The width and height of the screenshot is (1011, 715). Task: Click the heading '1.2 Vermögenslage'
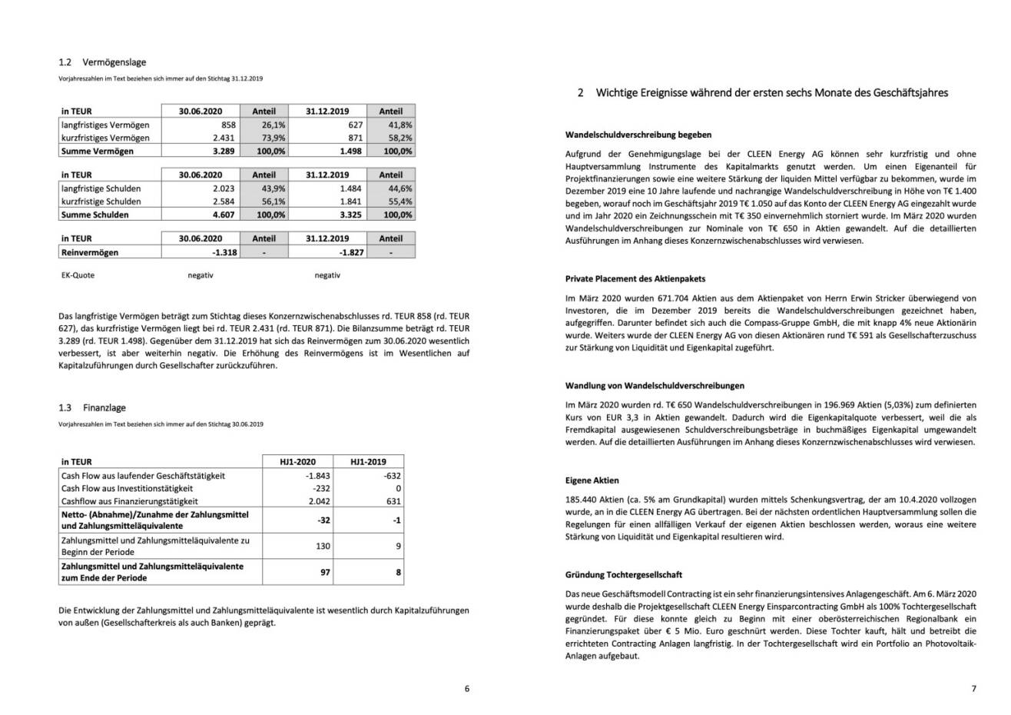pyautogui.click(x=102, y=62)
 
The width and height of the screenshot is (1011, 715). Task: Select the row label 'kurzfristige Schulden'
pyautogui.click(x=101, y=201)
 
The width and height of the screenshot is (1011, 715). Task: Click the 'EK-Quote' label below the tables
pyautogui.click(x=78, y=275)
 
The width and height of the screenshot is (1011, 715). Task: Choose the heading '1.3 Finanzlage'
pyautogui.click(x=92, y=407)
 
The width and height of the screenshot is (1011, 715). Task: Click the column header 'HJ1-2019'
pyautogui.click(x=368, y=462)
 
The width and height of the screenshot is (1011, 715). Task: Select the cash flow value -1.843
pyautogui.click(x=317, y=476)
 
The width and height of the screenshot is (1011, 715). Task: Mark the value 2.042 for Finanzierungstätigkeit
pyautogui.click(x=319, y=501)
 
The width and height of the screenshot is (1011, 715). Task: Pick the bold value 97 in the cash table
pyautogui.click(x=325, y=572)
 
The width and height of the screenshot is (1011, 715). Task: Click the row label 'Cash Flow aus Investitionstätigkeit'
pyautogui.click(x=127, y=488)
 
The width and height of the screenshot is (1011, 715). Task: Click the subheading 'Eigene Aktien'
pyautogui.click(x=592, y=481)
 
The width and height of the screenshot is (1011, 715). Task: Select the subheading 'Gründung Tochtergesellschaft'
pyautogui.click(x=623, y=575)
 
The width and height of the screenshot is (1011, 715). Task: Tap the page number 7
pyautogui.click(x=973, y=689)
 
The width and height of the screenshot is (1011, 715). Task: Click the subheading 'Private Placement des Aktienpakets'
pyautogui.click(x=635, y=279)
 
